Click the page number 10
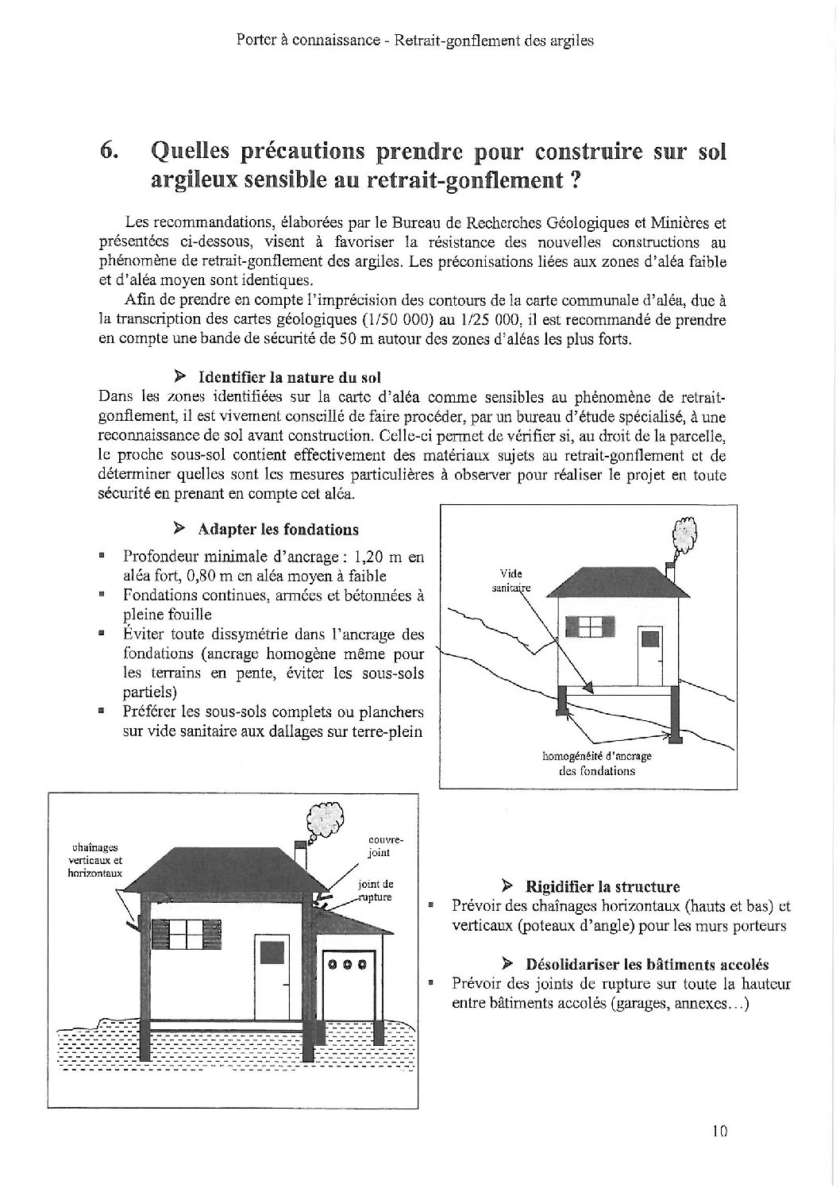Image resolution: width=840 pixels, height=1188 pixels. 719,1131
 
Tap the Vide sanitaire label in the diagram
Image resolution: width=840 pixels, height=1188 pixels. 507,581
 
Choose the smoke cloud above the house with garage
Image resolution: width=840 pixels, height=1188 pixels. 325,814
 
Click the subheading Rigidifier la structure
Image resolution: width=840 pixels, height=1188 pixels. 601,886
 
